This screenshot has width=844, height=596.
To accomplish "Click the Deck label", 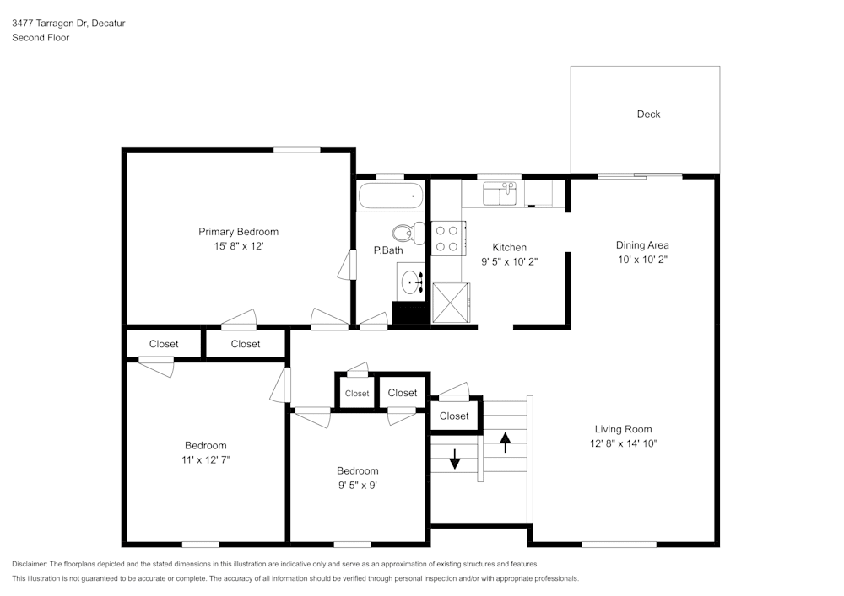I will click(x=648, y=115).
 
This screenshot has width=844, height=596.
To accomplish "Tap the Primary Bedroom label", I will click(x=238, y=232).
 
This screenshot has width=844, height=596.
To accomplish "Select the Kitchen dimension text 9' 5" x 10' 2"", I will click(x=509, y=261).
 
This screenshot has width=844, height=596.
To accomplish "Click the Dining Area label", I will click(x=642, y=245).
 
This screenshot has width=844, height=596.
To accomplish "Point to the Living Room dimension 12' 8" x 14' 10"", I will click(x=624, y=443).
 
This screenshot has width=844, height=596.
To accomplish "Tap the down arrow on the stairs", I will click(x=455, y=459).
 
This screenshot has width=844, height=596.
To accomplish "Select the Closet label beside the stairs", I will click(x=454, y=416).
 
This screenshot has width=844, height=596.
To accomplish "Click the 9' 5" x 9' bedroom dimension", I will click(x=357, y=485).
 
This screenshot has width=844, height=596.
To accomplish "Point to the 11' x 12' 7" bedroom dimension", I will click(x=205, y=460).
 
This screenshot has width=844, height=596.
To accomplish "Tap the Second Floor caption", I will click(x=41, y=38).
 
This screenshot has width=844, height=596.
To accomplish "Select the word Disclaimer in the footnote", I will click(x=30, y=564).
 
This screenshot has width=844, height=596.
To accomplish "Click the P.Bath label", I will click(x=388, y=250).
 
